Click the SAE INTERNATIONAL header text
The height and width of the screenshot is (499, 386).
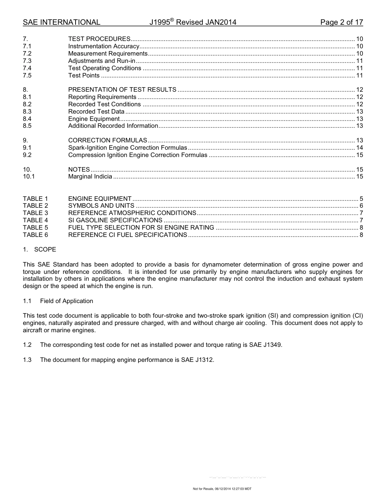coord(61,22)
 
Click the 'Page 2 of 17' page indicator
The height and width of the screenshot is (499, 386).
coord(341,22)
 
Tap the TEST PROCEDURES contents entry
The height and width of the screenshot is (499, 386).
coord(99,39)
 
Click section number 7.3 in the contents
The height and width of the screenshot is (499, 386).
coord(27,61)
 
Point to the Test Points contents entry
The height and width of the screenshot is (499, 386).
coord(84,75)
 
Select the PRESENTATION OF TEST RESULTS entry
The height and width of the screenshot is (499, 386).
coord(122,90)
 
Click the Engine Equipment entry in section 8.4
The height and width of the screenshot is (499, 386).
coord(94,119)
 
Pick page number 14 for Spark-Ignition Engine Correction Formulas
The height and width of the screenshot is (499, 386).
coord(359,148)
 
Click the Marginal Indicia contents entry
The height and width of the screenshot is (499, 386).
coord(90,176)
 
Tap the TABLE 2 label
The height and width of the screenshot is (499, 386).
coord(35,206)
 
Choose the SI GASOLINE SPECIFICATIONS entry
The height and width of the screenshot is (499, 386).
coord(115,220)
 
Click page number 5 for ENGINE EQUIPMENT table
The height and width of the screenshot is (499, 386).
coord(361,199)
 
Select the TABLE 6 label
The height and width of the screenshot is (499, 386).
coord(35,235)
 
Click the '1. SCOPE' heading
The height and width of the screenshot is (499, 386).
coord(39,249)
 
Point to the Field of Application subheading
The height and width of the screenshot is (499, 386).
coord(67,301)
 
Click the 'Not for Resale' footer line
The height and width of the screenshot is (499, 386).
coord(222,489)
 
